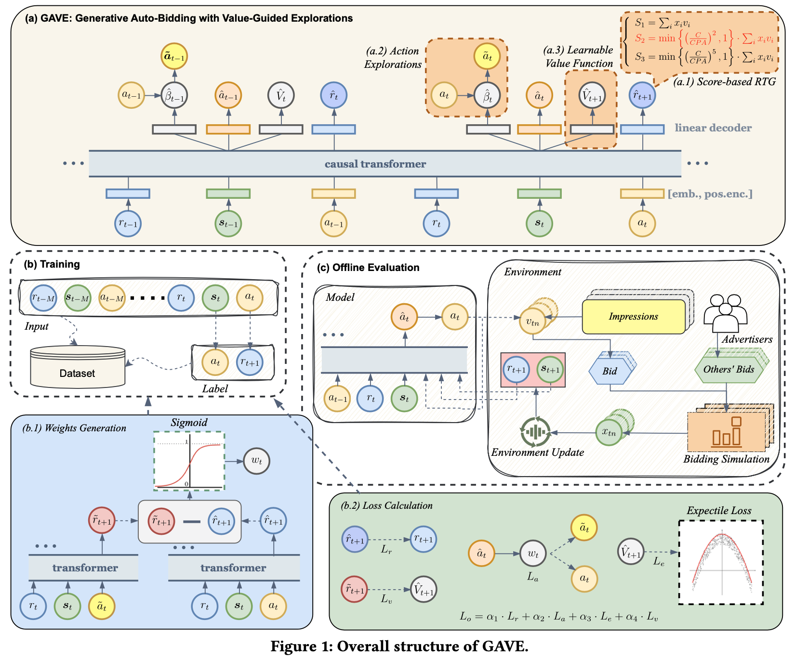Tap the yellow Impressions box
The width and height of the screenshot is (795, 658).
(633, 316)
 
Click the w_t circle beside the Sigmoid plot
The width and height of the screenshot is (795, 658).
(256, 461)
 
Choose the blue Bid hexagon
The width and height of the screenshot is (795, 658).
(609, 371)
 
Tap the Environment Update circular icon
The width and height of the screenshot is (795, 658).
(535, 432)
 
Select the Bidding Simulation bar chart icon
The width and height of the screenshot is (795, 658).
(726, 432)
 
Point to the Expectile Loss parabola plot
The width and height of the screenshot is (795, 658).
(721, 562)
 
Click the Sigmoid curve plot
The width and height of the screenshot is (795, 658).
(189, 461)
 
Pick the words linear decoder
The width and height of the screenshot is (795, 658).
(713, 128)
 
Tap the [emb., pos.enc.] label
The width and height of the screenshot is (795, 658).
(710, 194)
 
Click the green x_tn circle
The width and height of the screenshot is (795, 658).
(609, 432)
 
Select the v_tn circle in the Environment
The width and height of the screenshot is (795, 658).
(532, 321)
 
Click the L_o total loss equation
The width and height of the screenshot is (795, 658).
(558, 616)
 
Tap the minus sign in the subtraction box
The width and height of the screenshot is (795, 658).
(191, 522)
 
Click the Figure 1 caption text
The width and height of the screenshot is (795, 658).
(399, 646)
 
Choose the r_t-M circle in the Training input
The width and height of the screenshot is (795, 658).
(43, 297)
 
